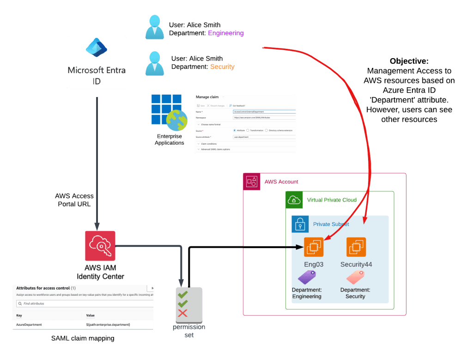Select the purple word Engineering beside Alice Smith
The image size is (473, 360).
226,33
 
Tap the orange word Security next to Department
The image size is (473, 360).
222,67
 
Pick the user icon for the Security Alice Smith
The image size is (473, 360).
155,63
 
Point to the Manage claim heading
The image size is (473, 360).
207,97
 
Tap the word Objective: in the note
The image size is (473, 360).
409,61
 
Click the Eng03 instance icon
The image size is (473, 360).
314,247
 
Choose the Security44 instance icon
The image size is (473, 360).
356,247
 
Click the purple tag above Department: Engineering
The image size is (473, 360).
306,277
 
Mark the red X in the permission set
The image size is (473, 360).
182,313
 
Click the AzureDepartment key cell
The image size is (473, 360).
29,325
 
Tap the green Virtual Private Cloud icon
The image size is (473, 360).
294,200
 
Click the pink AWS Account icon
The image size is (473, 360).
252,182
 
